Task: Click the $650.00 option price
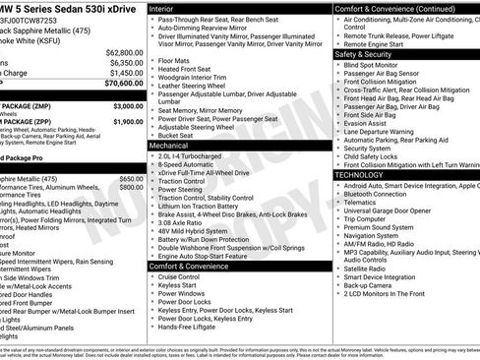click(x=131, y=178)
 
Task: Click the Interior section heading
click(x=163, y=7)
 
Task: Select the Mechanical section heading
click(x=169, y=144)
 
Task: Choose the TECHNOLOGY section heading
click(x=359, y=174)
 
